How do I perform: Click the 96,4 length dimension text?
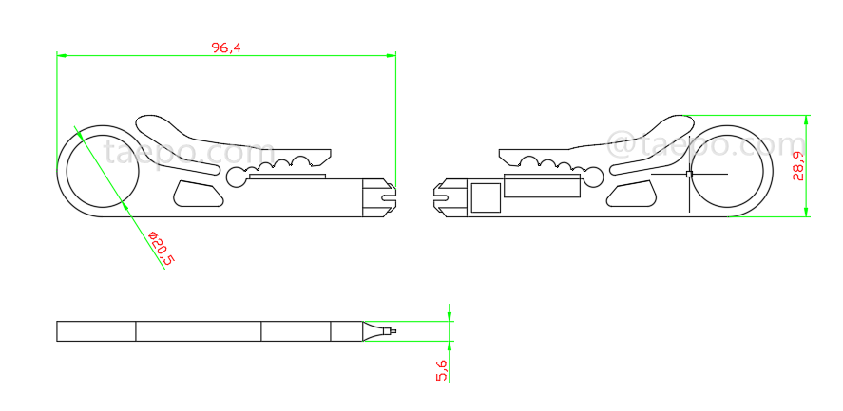point(227,47)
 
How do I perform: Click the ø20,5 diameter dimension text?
point(162,246)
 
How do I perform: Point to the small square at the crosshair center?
point(689,174)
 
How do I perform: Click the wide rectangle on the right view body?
point(542,185)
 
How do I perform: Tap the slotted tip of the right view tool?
point(444,198)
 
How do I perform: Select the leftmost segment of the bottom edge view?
point(96,331)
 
